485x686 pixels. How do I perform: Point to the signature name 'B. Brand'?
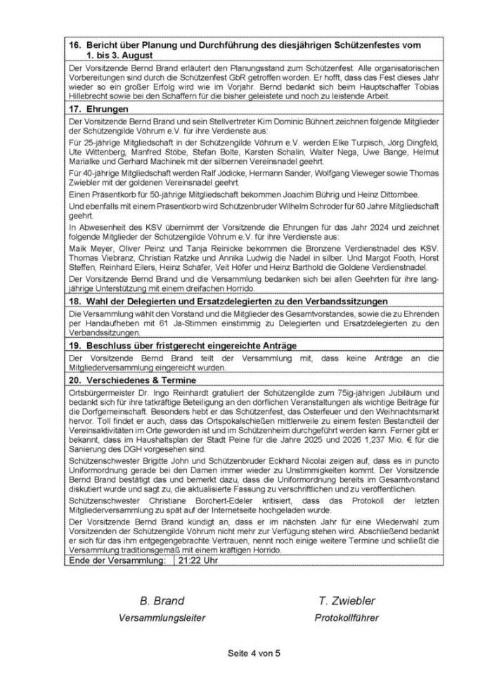(162, 601)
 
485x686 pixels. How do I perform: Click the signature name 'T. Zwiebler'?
(347, 601)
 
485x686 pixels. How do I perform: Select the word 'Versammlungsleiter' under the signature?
(162, 619)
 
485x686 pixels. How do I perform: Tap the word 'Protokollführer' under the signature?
(347, 619)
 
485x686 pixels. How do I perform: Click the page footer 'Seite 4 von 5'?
(254, 653)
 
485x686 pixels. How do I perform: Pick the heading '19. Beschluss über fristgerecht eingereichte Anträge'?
(182, 346)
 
